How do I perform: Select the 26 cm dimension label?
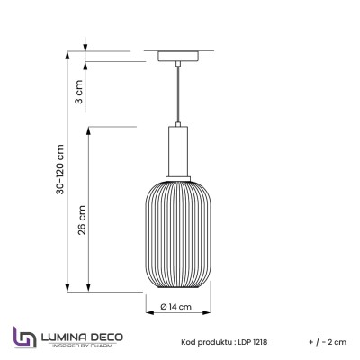pos(82,220)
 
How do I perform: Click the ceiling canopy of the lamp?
pos(176,57)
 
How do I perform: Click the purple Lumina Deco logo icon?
pos(21,339)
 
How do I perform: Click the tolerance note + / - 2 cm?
pos(325,343)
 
